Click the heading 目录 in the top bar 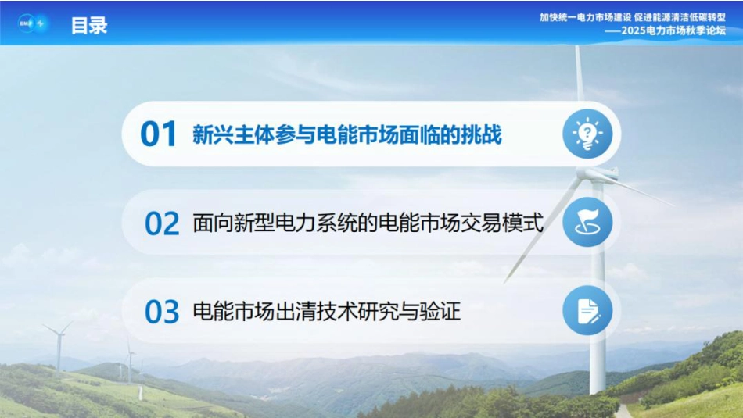pos(89,25)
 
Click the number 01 pos(159,134)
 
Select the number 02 pos(163,223)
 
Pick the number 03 pos(163,312)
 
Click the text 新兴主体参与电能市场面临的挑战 pos(346,135)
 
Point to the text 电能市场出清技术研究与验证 pos(326,312)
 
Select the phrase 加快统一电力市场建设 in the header pos(586,16)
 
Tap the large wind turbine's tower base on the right pos(598,383)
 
